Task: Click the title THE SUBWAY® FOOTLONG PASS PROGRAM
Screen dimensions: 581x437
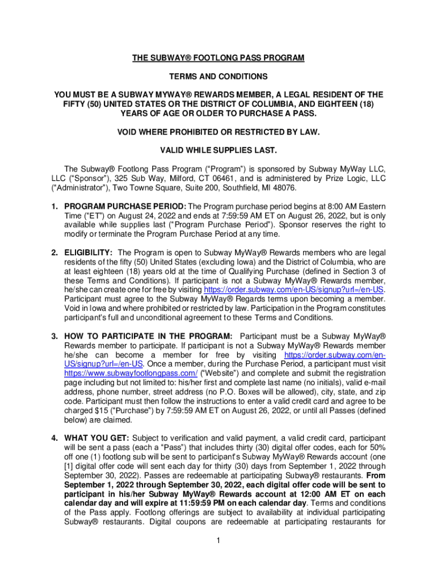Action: (218, 58)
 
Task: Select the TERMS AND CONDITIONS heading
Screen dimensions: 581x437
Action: (218, 77)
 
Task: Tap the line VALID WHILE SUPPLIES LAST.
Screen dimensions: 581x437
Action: (218, 150)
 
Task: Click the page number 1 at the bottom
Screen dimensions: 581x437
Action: (218, 540)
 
